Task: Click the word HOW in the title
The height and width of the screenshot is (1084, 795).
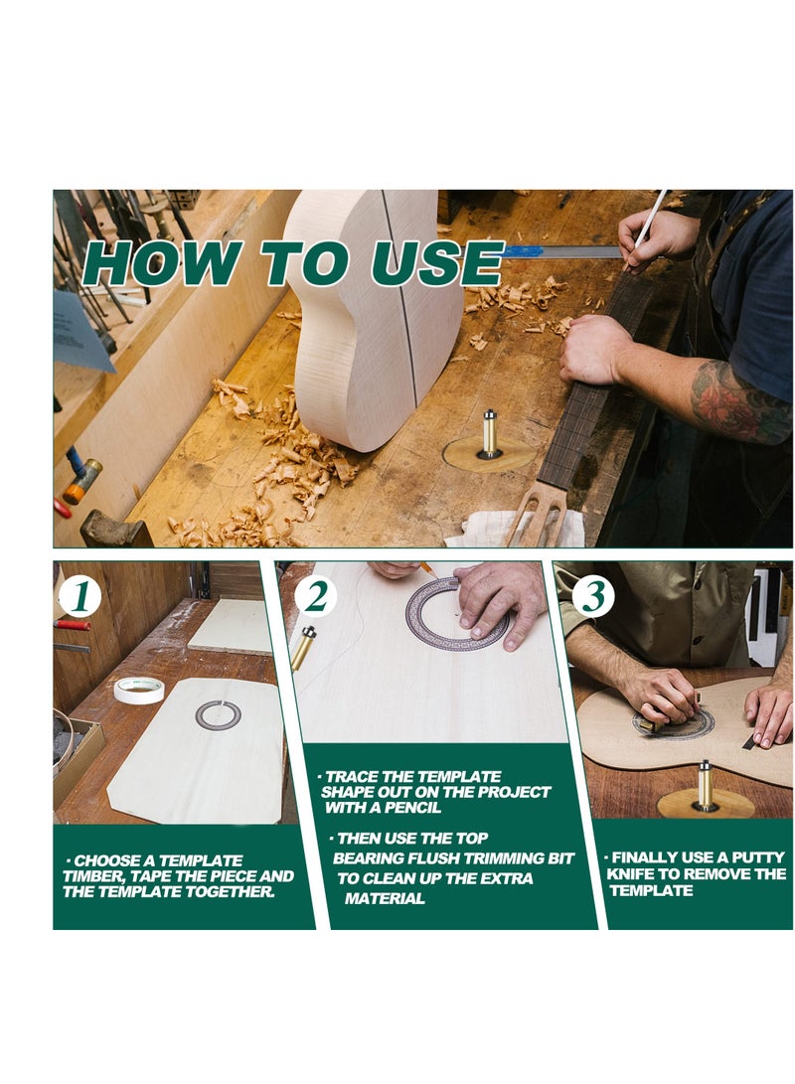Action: (x=162, y=262)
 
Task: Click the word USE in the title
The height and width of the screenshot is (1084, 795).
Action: (x=437, y=262)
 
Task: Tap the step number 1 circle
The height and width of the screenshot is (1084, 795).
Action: (x=80, y=596)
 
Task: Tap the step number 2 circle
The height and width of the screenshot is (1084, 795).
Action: (x=316, y=596)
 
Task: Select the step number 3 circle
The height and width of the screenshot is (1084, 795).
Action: (x=593, y=596)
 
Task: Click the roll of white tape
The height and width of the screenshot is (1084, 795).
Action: (x=139, y=690)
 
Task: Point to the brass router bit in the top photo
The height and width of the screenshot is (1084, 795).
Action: (x=490, y=433)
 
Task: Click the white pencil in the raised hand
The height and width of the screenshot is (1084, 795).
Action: (x=647, y=229)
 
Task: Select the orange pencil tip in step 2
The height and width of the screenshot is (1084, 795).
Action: (x=426, y=568)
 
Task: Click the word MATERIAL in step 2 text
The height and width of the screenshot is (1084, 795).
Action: (x=385, y=899)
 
